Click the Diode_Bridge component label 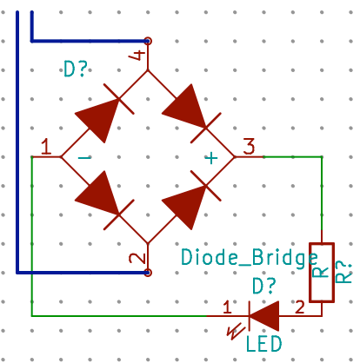pyautogui.click(x=250, y=257)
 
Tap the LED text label pyautogui.click(x=263, y=344)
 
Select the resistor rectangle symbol pyautogui.click(x=322, y=273)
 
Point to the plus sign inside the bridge pyautogui.click(x=211, y=158)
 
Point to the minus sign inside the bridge pyautogui.click(x=84, y=157)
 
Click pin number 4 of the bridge pyautogui.click(x=137, y=55)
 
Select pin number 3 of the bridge pyautogui.click(x=249, y=147)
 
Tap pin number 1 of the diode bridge pyautogui.click(x=46, y=147)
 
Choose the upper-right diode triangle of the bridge pyautogui.click(x=186, y=106)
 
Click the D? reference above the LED pyautogui.click(x=263, y=286)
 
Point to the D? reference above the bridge pyautogui.click(x=75, y=69)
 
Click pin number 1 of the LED pyautogui.click(x=227, y=307)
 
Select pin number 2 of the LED pyautogui.click(x=300, y=307)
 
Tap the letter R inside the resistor pyautogui.click(x=321, y=272)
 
